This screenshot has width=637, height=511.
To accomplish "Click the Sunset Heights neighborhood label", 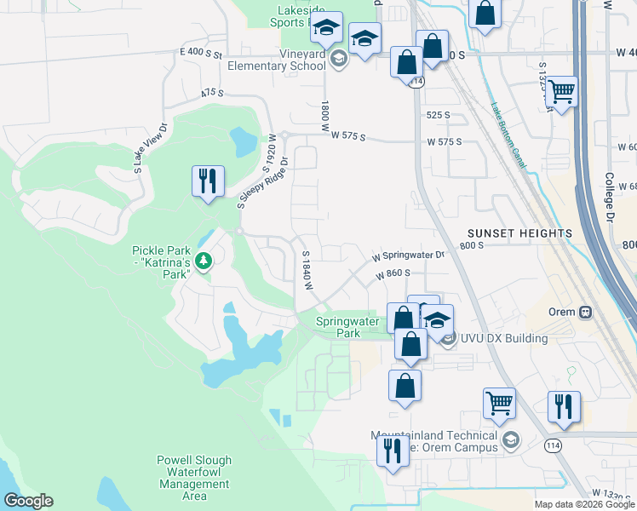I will tap(519, 233).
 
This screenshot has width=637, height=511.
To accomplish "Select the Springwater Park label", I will tap(338, 328).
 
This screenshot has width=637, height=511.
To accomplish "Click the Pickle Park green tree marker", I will tap(203, 261).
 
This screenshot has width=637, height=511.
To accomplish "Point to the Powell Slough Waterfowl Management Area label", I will tap(194, 478).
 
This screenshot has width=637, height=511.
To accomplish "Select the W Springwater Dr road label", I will tap(408, 255).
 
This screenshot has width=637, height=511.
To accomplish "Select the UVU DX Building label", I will tap(503, 338).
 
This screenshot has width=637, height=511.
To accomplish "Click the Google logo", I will tap(28, 501).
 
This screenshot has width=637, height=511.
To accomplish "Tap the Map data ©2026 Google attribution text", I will tap(582, 504).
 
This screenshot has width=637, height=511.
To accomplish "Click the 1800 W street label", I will tap(324, 115).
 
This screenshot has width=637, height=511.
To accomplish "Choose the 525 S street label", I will tap(438, 115).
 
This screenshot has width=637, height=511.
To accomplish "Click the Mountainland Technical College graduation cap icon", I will tap(510, 440).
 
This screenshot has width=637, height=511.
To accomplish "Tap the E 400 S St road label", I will tap(200, 54).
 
